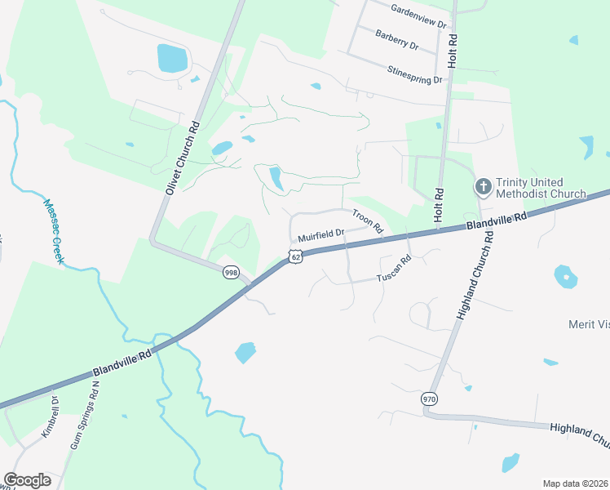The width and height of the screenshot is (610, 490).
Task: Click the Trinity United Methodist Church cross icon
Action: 483,188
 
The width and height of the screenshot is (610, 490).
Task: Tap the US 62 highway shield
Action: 294,257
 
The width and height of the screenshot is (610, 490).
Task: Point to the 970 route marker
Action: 429,399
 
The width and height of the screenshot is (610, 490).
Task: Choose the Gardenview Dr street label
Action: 419,16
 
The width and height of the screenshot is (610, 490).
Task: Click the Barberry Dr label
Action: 397,39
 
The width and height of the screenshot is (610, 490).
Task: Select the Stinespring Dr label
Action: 415,74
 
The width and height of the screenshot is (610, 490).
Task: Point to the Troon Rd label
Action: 367,220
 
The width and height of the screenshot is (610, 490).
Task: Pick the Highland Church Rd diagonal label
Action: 475,273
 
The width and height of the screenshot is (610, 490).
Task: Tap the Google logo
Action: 27,479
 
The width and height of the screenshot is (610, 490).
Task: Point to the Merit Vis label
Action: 589,324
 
